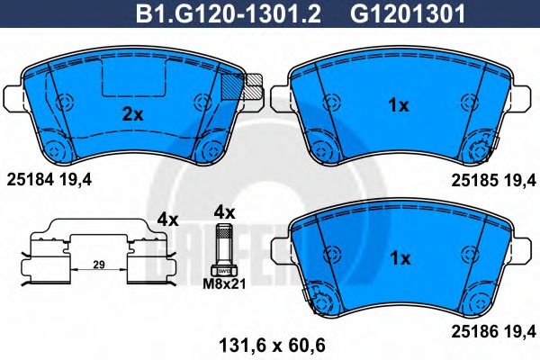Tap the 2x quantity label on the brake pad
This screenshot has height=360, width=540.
pos(132,113)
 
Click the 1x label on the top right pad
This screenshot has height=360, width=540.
pos(398,106)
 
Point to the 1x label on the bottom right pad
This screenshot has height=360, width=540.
pos(398,259)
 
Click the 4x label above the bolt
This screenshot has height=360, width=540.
pos(223,213)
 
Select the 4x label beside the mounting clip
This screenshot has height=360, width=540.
pos(168,218)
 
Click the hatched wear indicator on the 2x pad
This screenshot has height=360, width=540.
pos(234,87)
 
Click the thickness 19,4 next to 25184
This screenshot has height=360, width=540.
pos(76,180)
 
